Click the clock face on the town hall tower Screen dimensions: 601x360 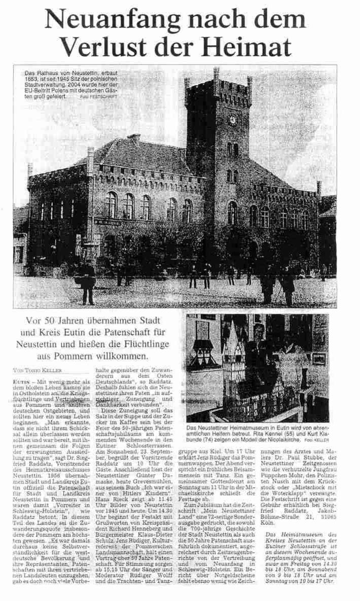point(233,120)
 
